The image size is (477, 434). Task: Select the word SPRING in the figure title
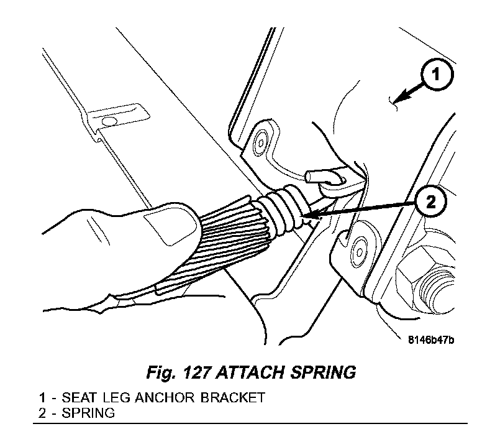pos(324,372)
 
